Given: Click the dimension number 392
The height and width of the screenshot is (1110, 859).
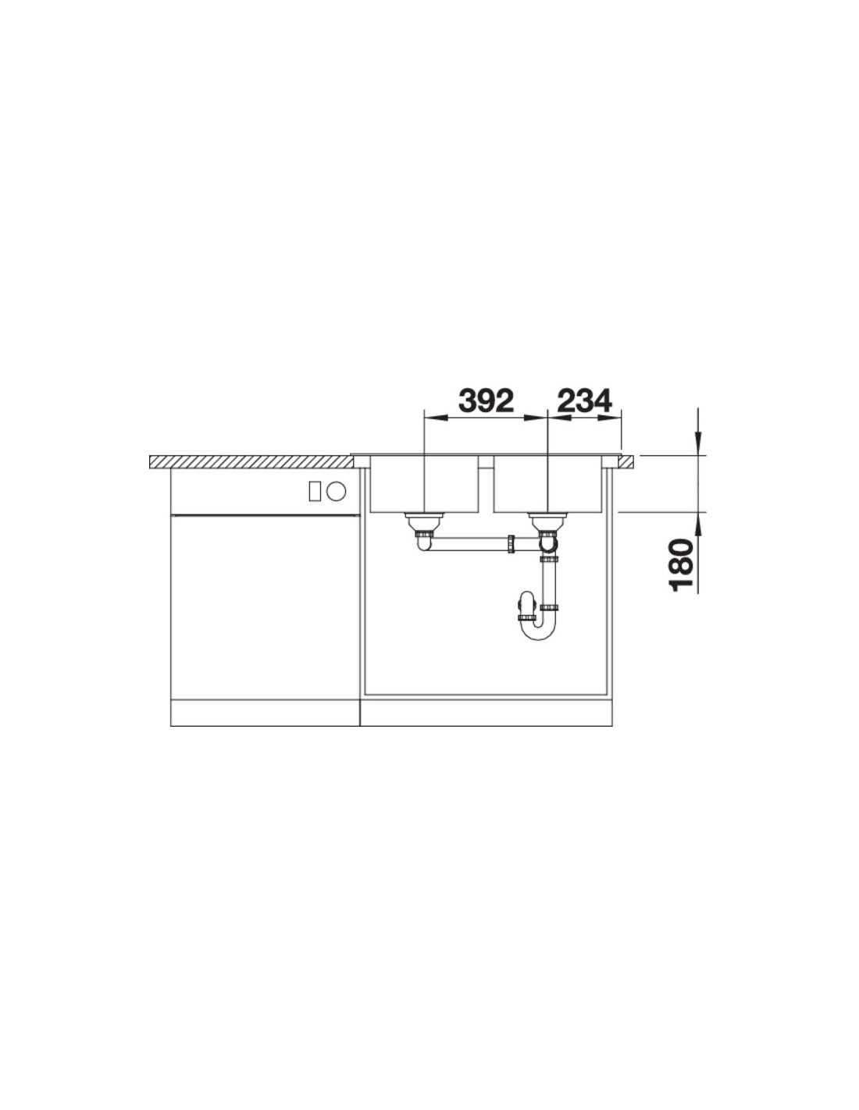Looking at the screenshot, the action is click(486, 401).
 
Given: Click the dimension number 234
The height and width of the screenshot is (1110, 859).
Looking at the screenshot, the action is click(584, 401).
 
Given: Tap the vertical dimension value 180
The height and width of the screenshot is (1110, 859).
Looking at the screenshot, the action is click(682, 564).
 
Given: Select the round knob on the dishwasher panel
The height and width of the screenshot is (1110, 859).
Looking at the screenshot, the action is click(337, 492).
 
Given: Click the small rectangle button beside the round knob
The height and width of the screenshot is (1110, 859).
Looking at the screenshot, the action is click(314, 492).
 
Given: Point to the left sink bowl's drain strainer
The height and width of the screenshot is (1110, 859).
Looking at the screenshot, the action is click(424, 520).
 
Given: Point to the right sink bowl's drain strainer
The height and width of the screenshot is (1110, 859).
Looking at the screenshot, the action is click(547, 520).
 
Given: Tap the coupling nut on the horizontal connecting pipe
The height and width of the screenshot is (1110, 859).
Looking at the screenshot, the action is click(511, 543).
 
